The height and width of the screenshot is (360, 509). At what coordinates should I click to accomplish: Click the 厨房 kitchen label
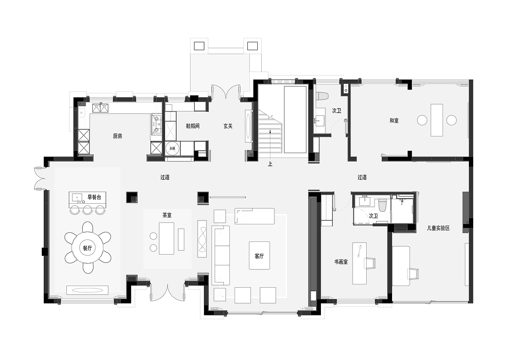tap(117, 136)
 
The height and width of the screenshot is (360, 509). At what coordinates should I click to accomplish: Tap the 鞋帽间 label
tap(193, 126)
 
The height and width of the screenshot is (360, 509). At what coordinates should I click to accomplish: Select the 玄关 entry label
tap(228, 126)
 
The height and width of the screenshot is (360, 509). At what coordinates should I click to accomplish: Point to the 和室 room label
tap(394, 121)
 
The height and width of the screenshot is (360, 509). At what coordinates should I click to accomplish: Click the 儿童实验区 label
tap(438, 228)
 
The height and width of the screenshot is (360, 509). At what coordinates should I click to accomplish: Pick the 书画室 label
tap(341, 262)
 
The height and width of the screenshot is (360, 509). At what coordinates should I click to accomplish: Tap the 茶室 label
tap(167, 215)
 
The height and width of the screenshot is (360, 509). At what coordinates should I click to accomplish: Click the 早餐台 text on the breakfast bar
tap(94, 197)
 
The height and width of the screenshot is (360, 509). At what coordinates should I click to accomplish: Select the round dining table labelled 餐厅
tap(87, 247)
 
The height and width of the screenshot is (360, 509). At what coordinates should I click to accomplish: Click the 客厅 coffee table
tap(259, 255)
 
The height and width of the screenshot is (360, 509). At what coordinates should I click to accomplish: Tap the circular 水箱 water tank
tap(172, 148)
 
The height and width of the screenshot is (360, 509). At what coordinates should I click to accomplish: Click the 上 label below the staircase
tap(270, 164)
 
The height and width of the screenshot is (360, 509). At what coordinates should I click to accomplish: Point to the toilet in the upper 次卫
tap(322, 95)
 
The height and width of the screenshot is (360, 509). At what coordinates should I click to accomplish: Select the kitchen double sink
tap(100, 108)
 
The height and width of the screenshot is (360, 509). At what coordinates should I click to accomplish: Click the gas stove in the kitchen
tap(156, 125)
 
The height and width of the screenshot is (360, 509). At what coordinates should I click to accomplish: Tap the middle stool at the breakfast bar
tap(87, 210)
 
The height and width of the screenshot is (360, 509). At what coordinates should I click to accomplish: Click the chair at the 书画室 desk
tap(370, 263)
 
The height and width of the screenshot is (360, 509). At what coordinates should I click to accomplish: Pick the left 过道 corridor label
tap(165, 177)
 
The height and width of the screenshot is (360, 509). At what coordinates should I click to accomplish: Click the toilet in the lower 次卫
tap(382, 205)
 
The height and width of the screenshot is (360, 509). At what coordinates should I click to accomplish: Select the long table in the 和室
tap(437, 120)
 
